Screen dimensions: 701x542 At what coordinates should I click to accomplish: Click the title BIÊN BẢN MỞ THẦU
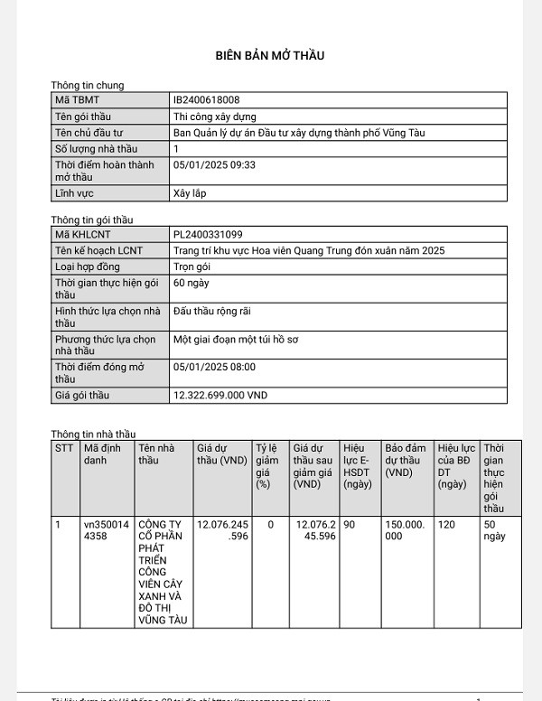pyautogui.click(x=270, y=55)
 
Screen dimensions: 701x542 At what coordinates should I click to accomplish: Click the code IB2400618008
pyautogui.click(x=206, y=100)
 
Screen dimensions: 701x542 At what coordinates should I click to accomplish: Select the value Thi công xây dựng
pyautogui.click(x=215, y=117)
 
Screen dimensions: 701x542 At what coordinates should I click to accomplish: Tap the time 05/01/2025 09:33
pyautogui.click(x=214, y=165)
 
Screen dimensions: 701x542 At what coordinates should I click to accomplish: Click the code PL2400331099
pyautogui.click(x=208, y=235)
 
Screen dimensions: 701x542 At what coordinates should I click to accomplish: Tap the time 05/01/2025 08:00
pyautogui.click(x=214, y=368)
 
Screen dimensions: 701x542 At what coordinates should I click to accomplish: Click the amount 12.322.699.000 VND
pyautogui.click(x=220, y=396)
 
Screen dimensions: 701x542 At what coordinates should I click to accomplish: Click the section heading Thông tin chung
pyautogui.click(x=88, y=86)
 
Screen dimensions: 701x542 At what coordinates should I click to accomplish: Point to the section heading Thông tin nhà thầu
pyautogui.click(x=93, y=435)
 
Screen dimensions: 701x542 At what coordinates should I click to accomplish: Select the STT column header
pyautogui.click(x=64, y=448)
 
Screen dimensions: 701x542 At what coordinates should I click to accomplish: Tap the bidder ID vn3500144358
pyautogui.click(x=106, y=530)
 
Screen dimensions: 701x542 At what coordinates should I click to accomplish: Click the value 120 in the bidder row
pyautogui.click(x=446, y=524)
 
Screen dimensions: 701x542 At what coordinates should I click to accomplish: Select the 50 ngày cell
pyautogui.click(x=494, y=530)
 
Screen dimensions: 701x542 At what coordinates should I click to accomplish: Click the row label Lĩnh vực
pyautogui.click(x=74, y=193)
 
